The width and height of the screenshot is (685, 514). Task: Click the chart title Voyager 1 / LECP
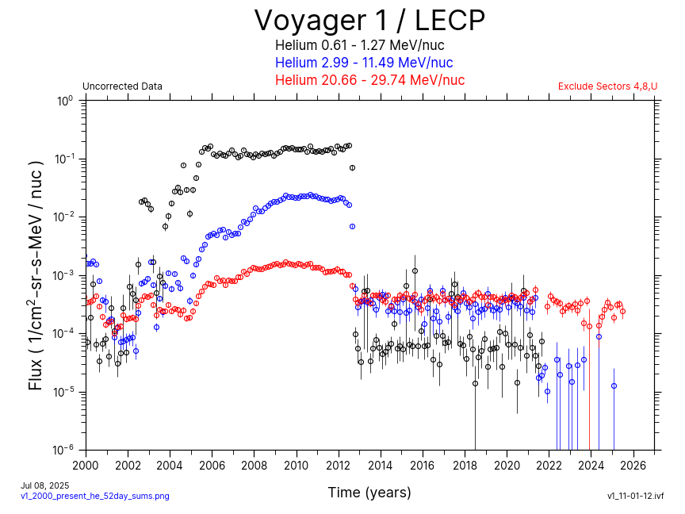tap(369, 20)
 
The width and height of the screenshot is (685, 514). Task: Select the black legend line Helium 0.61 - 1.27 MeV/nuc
tap(369, 46)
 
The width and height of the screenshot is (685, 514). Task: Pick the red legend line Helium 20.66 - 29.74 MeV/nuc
tap(369, 80)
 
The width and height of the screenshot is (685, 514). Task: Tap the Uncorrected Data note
tap(122, 86)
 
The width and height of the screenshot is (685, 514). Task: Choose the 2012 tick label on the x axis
tap(339, 465)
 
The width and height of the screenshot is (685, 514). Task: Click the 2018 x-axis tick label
tap(465, 465)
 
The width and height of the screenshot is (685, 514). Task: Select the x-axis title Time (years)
tap(369, 493)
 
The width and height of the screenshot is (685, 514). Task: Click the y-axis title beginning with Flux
tap(36, 274)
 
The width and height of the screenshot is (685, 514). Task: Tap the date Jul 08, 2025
tap(45, 485)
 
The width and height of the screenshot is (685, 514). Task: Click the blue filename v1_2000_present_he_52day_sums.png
tap(94, 496)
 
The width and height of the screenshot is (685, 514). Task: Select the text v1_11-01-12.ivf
tap(635, 496)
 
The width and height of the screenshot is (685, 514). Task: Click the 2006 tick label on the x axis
tap(212, 465)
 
